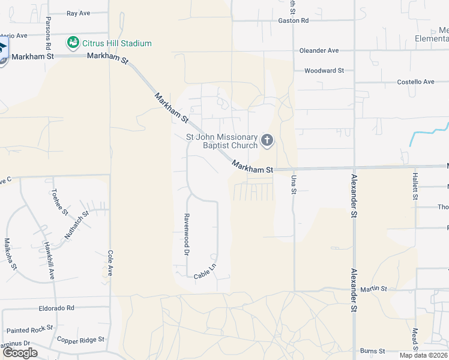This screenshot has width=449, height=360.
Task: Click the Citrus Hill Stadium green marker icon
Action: [x=73, y=43]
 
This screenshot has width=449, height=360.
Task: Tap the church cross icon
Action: [x=267, y=141]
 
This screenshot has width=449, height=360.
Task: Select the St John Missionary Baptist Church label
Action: [x=221, y=141]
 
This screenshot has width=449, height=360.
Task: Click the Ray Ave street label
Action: [x=78, y=13]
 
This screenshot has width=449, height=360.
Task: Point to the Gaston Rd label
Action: [x=293, y=20]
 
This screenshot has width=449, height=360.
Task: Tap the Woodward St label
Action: [x=324, y=70]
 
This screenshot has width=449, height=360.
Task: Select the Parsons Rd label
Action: [x=49, y=32]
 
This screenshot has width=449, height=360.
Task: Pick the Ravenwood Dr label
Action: [x=187, y=235]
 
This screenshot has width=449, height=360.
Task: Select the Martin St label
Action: [x=374, y=289]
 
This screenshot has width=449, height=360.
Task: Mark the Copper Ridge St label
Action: [x=80, y=340]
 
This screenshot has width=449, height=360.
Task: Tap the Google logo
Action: [x=20, y=353]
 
